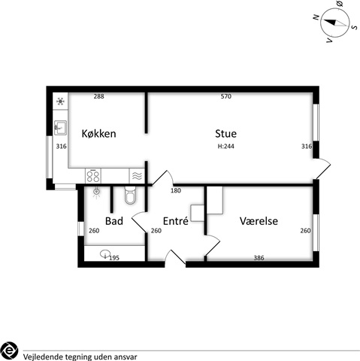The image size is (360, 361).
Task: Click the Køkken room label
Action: (98, 134)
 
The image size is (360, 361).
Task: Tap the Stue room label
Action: (225, 134)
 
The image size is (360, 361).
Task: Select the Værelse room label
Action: (259, 221)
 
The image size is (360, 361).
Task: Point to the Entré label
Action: (175, 221)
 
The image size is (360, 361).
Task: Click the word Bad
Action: (114, 221)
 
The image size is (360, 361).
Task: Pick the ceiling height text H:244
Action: (225, 146)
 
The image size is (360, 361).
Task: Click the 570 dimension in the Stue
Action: (226, 96)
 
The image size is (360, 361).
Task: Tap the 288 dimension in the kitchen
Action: (98, 96)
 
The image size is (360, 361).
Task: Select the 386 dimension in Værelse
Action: (259, 258)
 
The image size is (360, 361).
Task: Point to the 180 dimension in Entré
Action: (176, 190)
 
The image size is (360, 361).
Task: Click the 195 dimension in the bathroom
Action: (114, 258)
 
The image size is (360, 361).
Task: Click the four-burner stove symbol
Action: (93, 176)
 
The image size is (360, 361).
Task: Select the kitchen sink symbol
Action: (60, 128)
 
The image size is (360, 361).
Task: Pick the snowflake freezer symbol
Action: (60, 102)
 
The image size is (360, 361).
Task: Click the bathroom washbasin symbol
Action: (105, 254)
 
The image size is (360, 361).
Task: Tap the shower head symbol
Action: (96, 193)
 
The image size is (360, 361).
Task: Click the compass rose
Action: (335, 23)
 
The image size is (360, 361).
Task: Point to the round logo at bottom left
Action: (9, 350)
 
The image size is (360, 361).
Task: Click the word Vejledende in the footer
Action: (43, 356)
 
